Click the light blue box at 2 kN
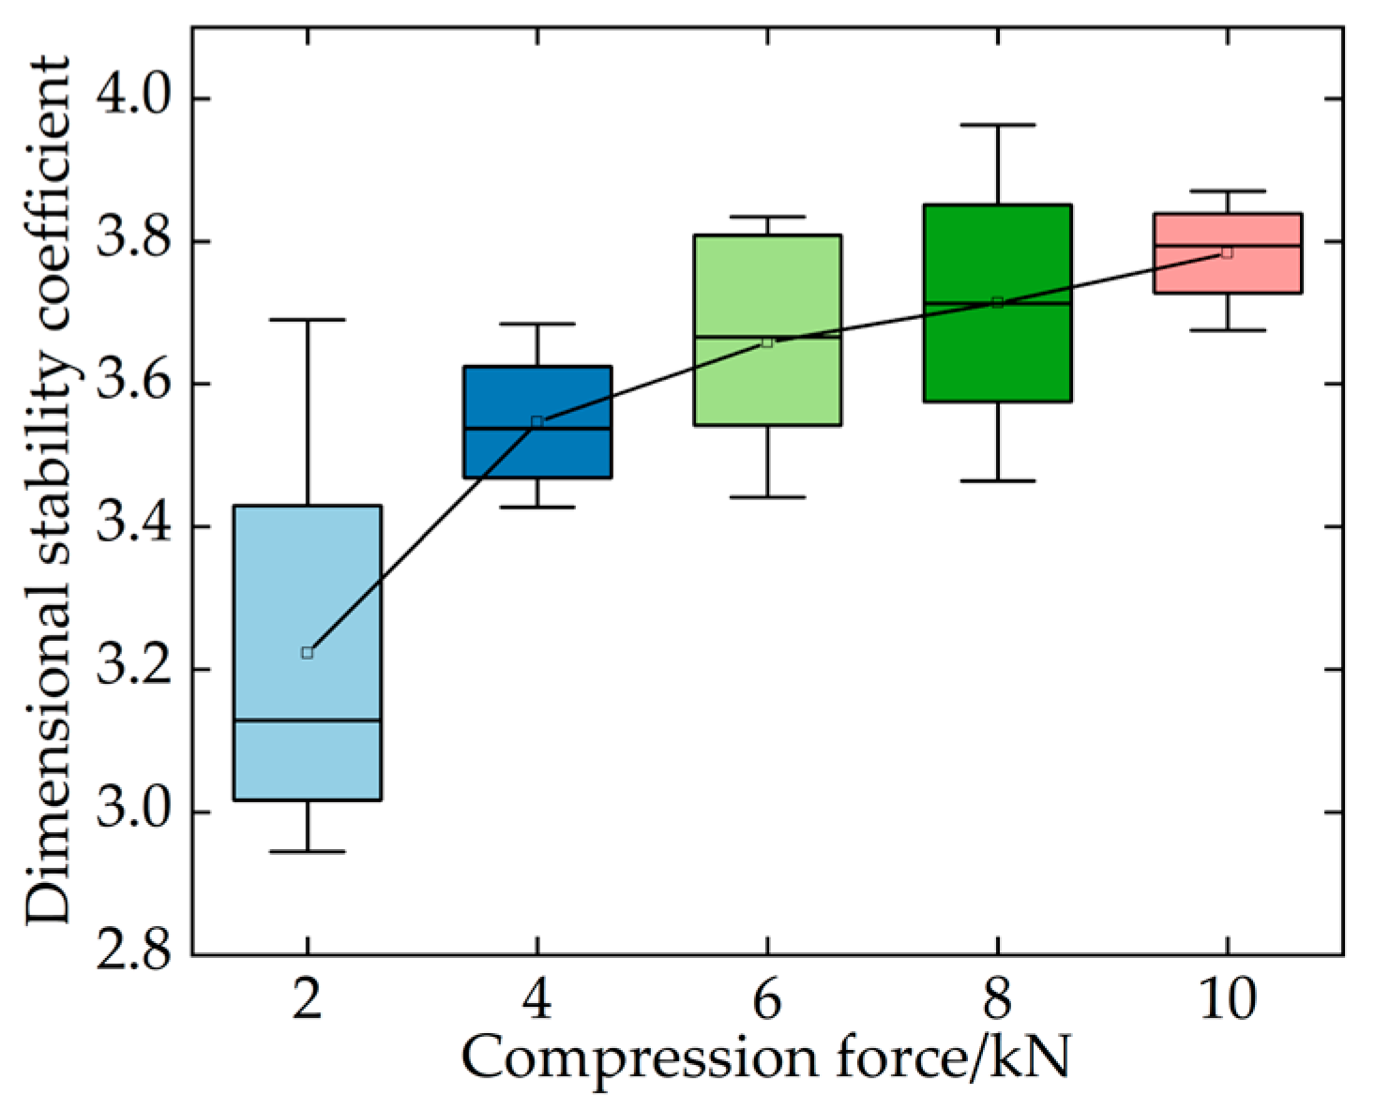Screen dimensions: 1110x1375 [x=307, y=582]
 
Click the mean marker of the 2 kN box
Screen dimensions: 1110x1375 [x=307, y=653]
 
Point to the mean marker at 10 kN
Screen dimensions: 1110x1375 [x=1227, y=252]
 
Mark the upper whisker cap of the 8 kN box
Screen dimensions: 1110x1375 [x=997, y=125]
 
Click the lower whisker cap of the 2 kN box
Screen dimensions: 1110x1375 [x=307, y=851]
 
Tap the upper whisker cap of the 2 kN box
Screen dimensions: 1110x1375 [x=307, y=320]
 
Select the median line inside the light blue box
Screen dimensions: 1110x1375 [x=307, y=721]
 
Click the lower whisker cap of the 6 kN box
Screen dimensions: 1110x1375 [x=767, y=496]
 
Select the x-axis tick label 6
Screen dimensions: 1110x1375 [x=767, y=1000]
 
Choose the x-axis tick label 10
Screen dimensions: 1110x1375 [x=1227, y=1000]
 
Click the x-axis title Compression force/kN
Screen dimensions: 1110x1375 [x=765, y=1059]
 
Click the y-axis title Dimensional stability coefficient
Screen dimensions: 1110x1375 [x=47, y=488]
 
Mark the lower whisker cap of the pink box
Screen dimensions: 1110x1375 [x=1227, y=330]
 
